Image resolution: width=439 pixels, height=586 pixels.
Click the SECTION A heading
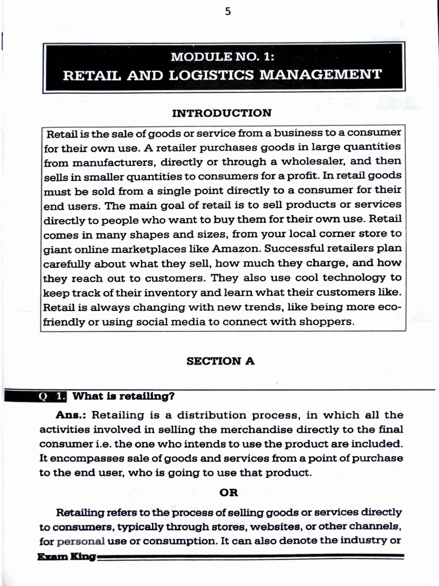pos(220,361)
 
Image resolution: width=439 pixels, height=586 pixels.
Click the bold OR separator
pos(228,492)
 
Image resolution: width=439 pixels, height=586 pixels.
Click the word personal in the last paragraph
pos(81,540)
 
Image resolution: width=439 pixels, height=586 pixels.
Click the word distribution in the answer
pos(219,414)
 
